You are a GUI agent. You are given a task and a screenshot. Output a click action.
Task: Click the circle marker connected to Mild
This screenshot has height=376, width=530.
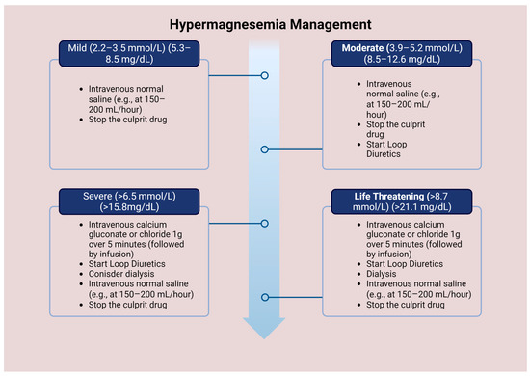pos(265,74)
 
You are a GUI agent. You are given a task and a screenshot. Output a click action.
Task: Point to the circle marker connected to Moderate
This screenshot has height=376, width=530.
pos(265,149)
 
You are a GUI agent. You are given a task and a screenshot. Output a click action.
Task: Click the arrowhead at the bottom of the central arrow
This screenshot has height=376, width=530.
pos(265,329)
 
